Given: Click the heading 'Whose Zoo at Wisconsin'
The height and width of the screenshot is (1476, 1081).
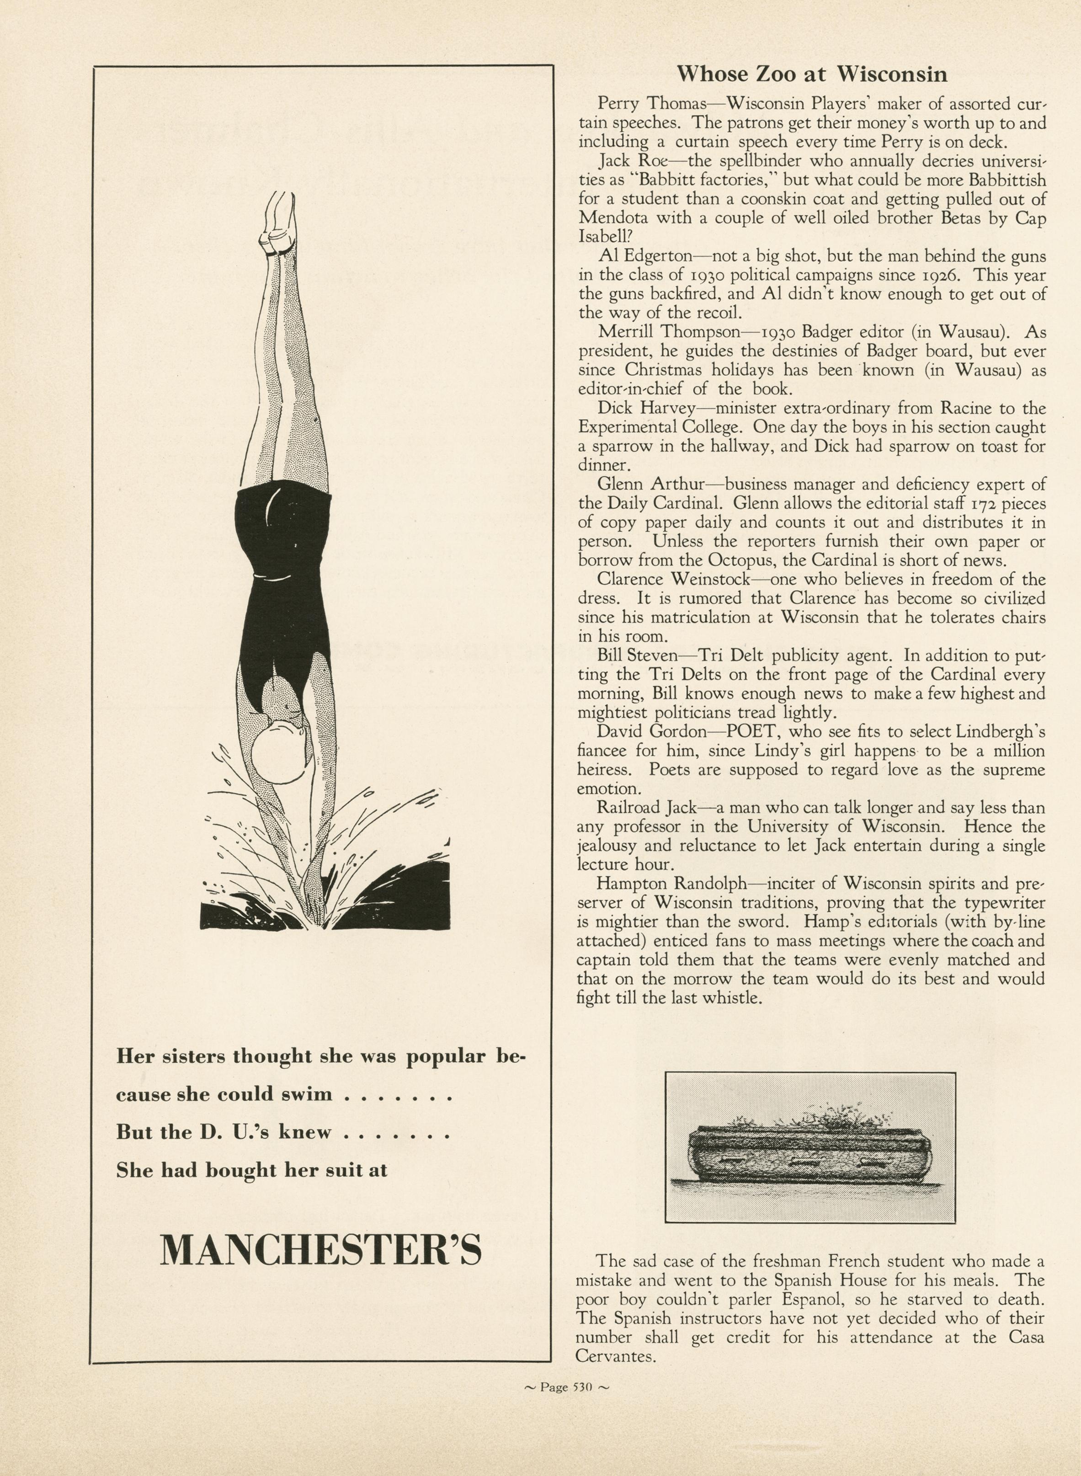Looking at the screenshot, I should click(x=811, y=73).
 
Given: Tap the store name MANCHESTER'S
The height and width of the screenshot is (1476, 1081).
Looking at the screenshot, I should click(x=320, y=1250).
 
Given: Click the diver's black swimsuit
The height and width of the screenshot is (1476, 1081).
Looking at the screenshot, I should click(x=282, y=576).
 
